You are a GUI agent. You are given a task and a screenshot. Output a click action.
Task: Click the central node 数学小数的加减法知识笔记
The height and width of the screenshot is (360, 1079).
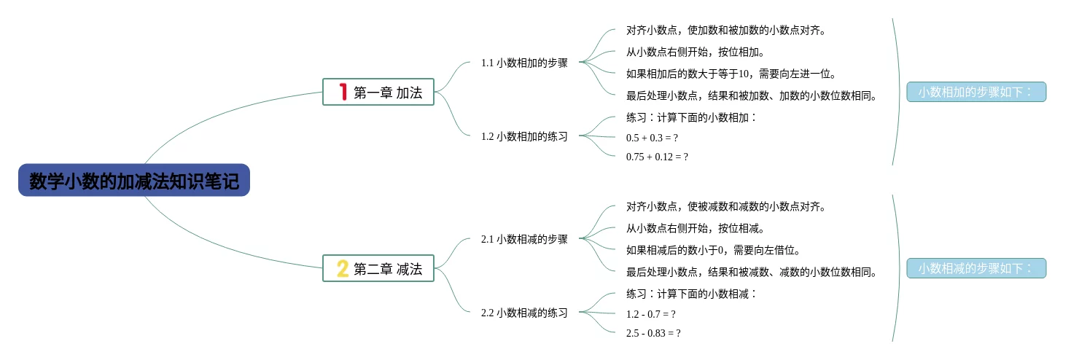tap(134, 180)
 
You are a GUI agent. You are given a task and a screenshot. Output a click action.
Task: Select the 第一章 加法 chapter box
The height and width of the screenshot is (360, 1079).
tap(378, 92)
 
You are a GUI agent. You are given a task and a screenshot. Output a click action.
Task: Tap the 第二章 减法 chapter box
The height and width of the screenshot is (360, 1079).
tap(378, 268)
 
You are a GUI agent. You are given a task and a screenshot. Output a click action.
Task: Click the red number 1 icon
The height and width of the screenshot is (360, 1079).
tap(343, 92)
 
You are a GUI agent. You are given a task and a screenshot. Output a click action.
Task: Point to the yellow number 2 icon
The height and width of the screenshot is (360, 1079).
tap(343, 268)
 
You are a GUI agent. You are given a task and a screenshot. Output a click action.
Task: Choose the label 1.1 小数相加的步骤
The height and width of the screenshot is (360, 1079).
tap(524, 63)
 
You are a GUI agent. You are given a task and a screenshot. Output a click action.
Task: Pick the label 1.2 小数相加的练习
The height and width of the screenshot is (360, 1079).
tap(524, 136)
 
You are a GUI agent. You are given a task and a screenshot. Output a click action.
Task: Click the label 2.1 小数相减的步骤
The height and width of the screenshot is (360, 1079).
tap(524, 239)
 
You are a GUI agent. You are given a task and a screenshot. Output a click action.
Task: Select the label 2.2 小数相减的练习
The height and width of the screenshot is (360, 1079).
tap(524, 313)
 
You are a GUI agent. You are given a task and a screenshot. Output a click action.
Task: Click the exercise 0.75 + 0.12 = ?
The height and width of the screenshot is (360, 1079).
tap(657, 156)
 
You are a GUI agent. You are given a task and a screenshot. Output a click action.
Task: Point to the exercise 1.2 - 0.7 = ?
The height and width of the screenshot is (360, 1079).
tap(650, 313)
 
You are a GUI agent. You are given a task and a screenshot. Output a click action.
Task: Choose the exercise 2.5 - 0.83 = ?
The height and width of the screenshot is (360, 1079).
tap(653, 332)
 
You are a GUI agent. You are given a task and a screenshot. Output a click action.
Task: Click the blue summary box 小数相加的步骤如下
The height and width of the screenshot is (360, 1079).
tap(976, 92)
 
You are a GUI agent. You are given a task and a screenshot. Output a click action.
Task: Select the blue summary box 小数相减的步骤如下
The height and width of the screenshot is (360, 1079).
tap(976, 268)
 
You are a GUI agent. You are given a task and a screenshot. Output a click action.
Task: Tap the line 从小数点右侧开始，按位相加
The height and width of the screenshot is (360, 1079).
tap(695, 52)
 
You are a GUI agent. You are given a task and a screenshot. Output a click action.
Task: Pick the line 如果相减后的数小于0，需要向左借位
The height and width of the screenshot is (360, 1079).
tap(713, 250)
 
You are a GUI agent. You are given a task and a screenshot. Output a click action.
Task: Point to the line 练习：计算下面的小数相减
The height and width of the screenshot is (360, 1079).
tap(692, 294)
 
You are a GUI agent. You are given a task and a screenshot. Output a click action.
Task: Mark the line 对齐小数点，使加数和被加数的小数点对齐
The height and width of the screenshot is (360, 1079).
tap(725, 31)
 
